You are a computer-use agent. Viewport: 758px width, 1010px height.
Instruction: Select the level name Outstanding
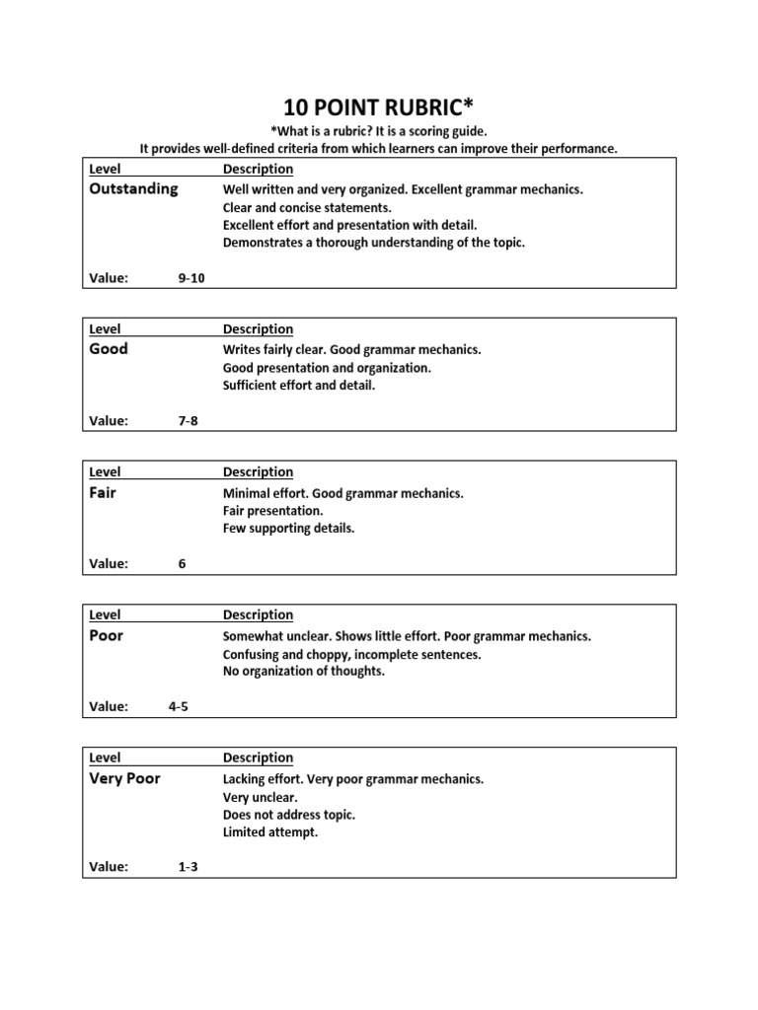[133, 188]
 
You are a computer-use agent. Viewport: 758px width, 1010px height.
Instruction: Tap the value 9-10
[191, 278]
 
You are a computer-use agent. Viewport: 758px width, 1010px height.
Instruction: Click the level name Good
[109, 349]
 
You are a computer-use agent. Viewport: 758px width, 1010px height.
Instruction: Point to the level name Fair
[103, 492]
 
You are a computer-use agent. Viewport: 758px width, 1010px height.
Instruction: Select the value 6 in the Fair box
[182, 564]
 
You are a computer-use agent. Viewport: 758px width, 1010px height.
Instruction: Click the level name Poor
[106, 635]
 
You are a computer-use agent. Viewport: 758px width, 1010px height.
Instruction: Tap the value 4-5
[179, 707]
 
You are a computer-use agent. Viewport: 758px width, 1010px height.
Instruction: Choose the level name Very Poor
[124, 778]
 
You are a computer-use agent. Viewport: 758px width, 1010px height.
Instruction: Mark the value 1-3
[188, 868]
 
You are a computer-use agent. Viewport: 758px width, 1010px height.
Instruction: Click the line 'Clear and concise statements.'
[307, 207]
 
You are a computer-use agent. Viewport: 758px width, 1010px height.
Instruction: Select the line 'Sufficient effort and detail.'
[299, 386]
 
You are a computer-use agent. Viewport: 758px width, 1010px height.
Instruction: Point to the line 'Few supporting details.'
[288, 529]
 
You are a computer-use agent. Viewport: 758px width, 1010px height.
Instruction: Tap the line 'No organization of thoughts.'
[303, 672]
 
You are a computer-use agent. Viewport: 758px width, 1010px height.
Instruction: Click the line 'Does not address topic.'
[289, 815]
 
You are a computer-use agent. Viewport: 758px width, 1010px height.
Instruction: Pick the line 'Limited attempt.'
[270, 832]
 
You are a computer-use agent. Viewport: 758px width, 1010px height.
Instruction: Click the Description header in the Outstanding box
[258, 170]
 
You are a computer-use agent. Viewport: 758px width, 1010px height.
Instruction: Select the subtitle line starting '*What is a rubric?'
[379, 132]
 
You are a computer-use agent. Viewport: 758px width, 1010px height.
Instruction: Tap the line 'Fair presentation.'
[273, 511]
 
